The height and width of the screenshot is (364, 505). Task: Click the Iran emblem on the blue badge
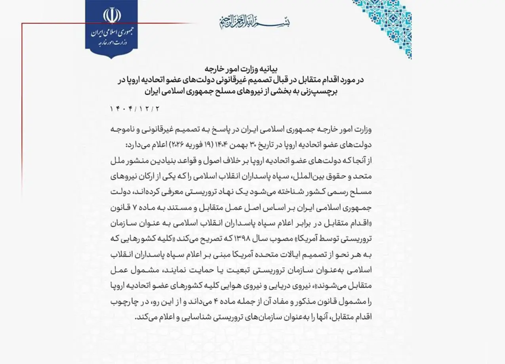point(111,15)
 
